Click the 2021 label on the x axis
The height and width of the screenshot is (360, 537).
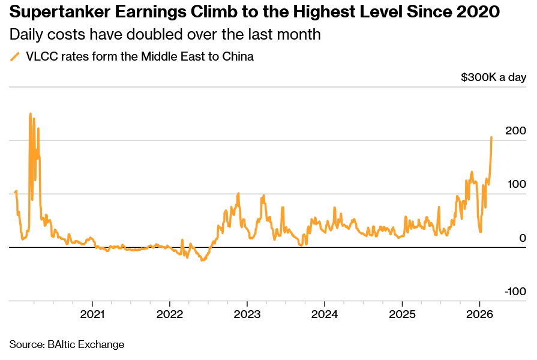(92, 314)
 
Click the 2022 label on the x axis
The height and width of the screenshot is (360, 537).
(169, 314)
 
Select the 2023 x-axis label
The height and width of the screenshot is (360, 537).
(247, 314)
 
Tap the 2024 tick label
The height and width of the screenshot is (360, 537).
(324, 314)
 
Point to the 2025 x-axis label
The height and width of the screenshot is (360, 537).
(401, 314)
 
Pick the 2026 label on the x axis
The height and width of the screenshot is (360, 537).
(479, 314)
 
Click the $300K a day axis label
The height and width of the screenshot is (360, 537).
(493, 77)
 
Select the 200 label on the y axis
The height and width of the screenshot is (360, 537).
(515, 131)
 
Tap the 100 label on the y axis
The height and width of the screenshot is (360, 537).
(515, 184)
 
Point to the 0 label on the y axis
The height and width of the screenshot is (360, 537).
(523, 238)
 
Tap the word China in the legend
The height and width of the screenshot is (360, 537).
(239, 58)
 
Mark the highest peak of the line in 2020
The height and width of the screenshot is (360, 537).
(30, 113)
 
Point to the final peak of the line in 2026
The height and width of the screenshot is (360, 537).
(491, 137)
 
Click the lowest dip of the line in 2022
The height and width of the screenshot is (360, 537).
(202, 260)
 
